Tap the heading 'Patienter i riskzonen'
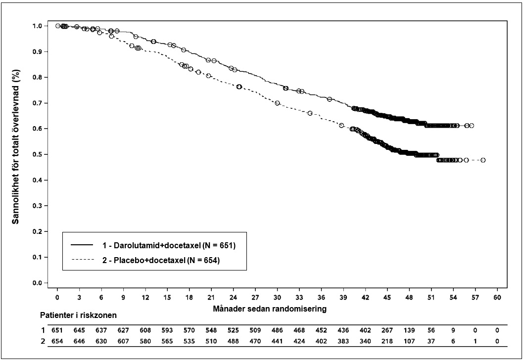click(x=74, y=315)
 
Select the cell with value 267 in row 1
click(x=387, y=330)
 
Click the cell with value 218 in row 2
click(x=387, y=341)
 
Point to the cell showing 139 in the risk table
click(x=409, y=330)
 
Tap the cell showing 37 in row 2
click(x=431, y=341)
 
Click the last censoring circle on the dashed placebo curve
click(x=483, y=160)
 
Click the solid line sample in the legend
click(x=83, y=245)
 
